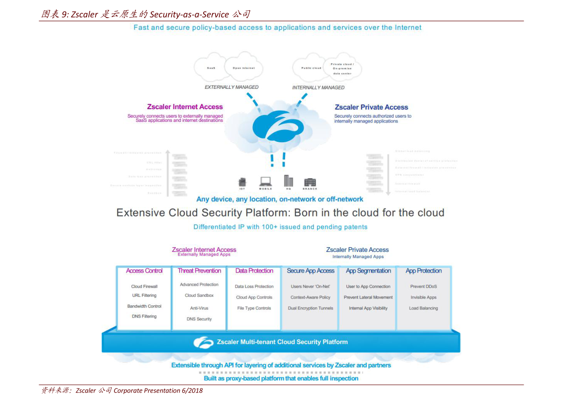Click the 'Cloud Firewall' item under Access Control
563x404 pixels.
(144, 286)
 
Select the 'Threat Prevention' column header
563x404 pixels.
(199, 271)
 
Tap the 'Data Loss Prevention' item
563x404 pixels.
(254, 286)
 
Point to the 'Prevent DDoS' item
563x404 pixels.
(424, 286)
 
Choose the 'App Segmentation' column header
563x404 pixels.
(368, 271)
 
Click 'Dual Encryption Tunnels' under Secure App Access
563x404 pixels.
(311, 308)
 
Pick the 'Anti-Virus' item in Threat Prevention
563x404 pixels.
(199, 308)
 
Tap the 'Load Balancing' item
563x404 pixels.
(424, 308)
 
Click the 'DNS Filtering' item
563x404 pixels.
(144, 316)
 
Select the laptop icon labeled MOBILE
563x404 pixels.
(266, 181)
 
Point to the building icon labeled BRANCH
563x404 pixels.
(310, 182)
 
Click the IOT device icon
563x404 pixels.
(243, 181)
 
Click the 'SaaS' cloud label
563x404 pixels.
(211, 68)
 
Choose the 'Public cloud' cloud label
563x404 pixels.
(311, 68)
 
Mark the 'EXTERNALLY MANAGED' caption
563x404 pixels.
(232, 87)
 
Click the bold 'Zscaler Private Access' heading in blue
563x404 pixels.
(372, 107)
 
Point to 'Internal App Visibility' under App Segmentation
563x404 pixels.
(368, 308)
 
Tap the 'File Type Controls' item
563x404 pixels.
(254, 308)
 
